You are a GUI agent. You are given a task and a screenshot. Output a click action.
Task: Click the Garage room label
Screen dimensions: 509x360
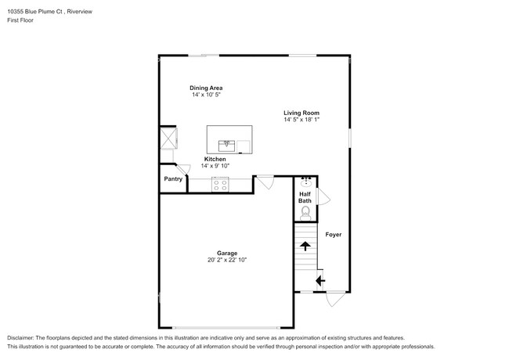(x=227, y=253)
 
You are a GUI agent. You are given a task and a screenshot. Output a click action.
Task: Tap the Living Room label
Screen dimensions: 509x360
(x=301, y=113)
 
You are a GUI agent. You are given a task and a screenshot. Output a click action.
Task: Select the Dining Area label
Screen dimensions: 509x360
(x=206, y=88)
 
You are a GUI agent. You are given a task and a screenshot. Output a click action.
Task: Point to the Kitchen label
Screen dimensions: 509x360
(x=215, y=159)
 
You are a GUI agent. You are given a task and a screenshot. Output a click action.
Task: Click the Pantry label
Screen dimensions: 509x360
(x=173, y=179)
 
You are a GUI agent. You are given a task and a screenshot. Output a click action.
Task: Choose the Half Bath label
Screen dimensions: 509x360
(x=305, y=197)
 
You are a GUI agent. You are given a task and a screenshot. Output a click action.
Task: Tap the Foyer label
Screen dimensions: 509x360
(x=334, y=235)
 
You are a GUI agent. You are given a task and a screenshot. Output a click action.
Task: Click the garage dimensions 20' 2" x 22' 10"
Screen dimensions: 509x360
(x=227, y=260)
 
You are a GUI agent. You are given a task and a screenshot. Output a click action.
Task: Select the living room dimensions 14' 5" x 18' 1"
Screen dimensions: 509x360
(x=301, y=120)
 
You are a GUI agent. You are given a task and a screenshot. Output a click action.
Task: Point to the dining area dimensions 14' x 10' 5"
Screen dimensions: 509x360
(x=206, y=95)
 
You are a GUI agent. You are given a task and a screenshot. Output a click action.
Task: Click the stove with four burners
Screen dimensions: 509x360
(x=220, y=185)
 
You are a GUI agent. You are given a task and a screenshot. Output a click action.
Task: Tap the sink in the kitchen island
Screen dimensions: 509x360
(x=226, y=146)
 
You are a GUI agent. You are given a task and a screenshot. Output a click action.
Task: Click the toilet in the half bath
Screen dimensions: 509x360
(x=305, y=214)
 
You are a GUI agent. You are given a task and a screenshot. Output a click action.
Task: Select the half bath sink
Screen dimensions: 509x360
(x=306, y=182)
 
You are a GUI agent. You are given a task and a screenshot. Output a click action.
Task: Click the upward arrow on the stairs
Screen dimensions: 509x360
(x=305, y=247)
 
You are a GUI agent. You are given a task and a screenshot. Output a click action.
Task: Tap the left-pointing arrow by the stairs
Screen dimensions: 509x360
(x=320, y=280)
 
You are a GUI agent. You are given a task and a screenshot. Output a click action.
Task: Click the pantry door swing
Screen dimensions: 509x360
(x=182, y=170)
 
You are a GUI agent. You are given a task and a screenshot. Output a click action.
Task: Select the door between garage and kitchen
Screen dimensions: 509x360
(x=265, y=182)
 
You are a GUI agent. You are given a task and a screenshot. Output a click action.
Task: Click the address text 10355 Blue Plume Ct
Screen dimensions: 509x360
(x=34, y=12)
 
